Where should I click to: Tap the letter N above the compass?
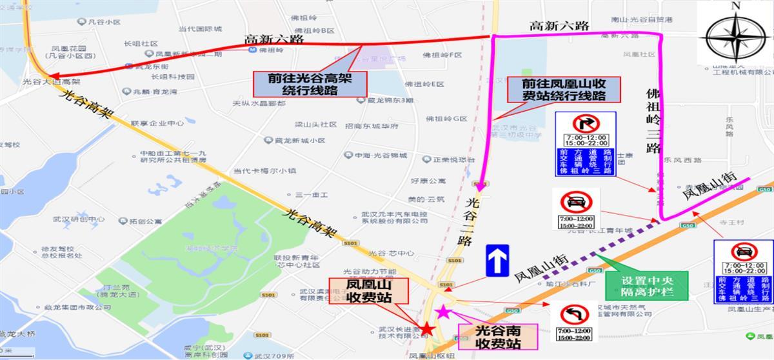pos(735,6)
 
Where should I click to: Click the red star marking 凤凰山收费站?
pos(426,328)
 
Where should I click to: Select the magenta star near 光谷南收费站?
pos(444,312)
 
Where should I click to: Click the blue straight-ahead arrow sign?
pos(498,261)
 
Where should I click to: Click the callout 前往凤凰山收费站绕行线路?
pos(564,89)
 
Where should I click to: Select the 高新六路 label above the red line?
pos(274,39)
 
